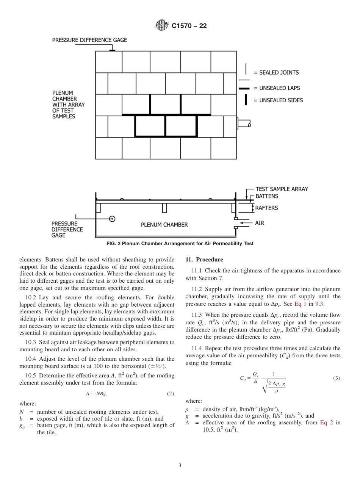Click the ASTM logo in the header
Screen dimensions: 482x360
click(x=162, y=26)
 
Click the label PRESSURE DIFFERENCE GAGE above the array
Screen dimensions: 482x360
click(x=89, y=40)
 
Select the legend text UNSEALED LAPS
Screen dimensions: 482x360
click(x=280, y=88)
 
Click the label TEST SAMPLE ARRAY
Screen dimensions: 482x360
click(x=282, y=189)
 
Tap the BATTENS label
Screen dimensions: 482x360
click(x=266, y=196)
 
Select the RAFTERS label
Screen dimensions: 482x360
click(x=266, y=208)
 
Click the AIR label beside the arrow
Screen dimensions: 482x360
click(x=260, y=223)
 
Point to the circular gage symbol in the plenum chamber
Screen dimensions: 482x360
click(x=112, y=219)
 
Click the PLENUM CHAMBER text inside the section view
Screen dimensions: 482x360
click(x=164, y=225)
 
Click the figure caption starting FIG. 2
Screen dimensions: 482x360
click(x=180, y=244)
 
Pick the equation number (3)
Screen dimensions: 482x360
click(x=337, y=378)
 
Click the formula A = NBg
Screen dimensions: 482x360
click(x=94, y=394)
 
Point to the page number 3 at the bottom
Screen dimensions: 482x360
click(x=180, y=465)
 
